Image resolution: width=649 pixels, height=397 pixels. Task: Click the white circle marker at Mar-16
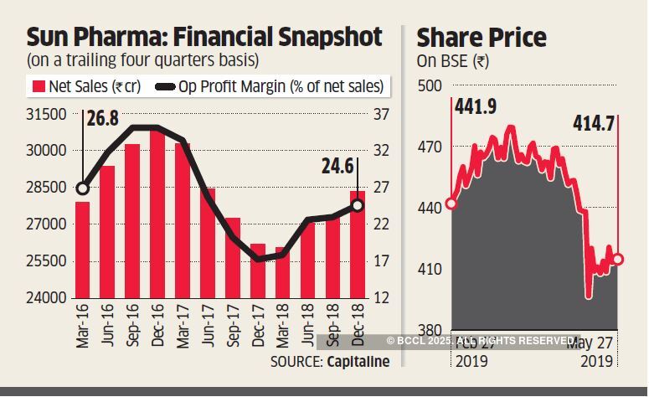click(x=82, y=188)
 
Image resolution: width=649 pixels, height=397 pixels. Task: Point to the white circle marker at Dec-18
click(x=358, y=205)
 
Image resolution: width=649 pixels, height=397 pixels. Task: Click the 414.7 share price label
click(x=594, y=124)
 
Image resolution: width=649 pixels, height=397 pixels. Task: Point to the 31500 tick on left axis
click(x=48, y=114)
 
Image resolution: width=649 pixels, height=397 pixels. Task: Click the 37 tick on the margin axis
click(x=382, y=114)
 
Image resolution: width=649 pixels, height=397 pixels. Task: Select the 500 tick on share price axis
click(x=429, y=86)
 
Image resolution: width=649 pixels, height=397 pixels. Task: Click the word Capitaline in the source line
click(x=358, y=361)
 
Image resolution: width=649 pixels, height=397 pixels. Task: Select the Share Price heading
click(x=482, y=38)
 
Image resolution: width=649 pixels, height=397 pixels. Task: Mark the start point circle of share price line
click(x=451, y=204)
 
